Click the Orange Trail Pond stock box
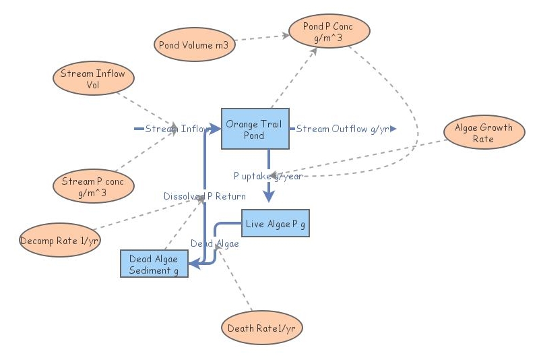pos(255,129)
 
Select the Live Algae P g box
pos(275,223)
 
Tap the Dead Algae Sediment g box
pos(154,264)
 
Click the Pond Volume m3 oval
pos(193,45)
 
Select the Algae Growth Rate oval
pos(483,133)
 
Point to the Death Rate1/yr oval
pos(261,328)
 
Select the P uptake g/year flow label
pos(267,175)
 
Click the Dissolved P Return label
pos(204,196)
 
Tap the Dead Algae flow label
pos(214,243)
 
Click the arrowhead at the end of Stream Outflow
pos(393,128)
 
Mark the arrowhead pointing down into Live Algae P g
pos(269,196)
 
